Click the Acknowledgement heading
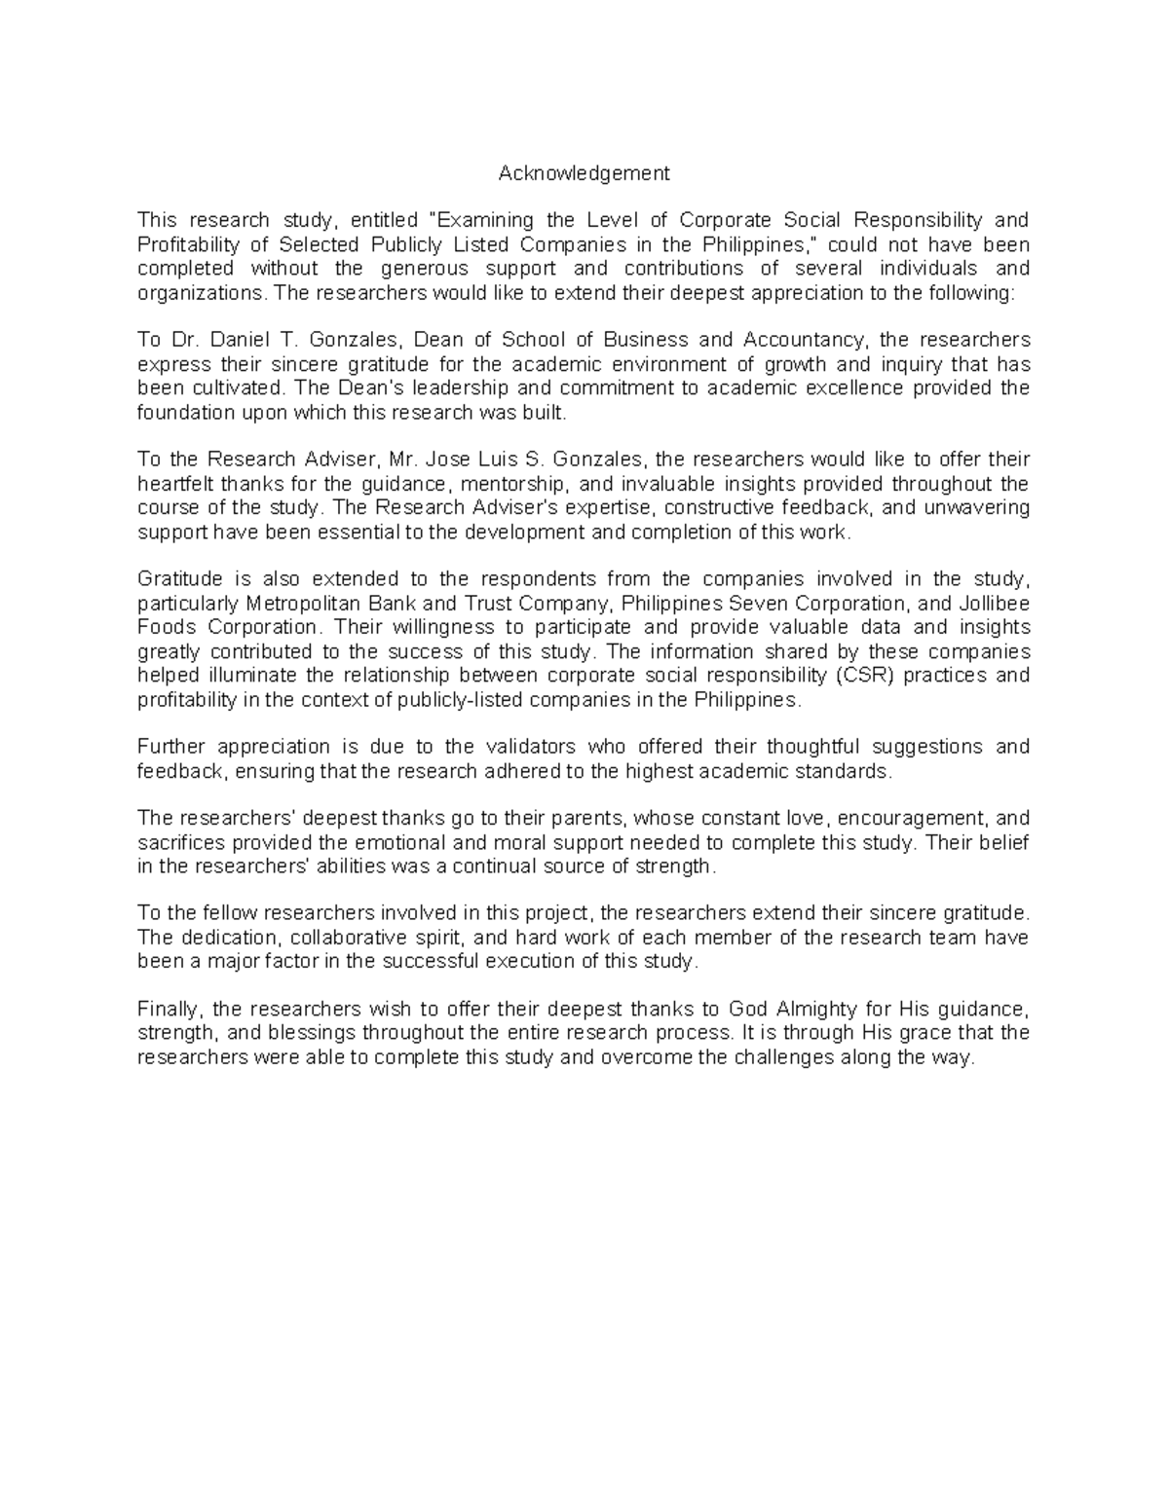pyautogui.click(x=584, y=173)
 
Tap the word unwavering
pyautogui.click(x=977, y=508)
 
